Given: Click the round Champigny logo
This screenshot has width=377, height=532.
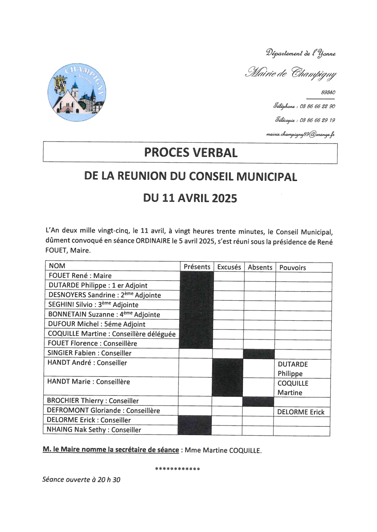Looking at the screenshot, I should pyautogui.click(x=77, y=92).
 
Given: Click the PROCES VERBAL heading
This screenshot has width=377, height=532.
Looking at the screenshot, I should pyautogui.click(x=191, y=153).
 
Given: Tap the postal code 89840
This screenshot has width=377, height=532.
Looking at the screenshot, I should pyautogui.click(x=328, y=92).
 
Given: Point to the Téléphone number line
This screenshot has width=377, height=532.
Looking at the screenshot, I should pyautogui.click(x=304, y=106).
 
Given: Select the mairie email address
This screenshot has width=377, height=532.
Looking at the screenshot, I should pyautogui.click(x=300, y=134).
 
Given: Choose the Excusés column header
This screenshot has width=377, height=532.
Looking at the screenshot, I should pyautogui.click(x=229, y=267).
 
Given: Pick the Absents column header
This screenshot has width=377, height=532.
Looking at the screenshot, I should pyautogui.click(x=260, y=267).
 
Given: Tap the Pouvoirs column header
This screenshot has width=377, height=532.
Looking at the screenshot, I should pyautogui.click(x=293, y=268).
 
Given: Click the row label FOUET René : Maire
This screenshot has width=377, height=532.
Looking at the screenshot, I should pyautogui.click(x=80, y=275).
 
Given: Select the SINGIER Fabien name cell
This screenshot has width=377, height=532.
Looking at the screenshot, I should pyautogui.click(x=89, y=353).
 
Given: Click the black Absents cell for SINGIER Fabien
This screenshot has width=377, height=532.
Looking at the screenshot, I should pyautogui.click(x=258, y=354).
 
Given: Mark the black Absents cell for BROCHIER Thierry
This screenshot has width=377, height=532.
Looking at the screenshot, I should pyautogui.click(x=258, y=401).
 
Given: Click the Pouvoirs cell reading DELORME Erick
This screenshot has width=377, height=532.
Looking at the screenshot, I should pyautogui.click(x=301, y=412).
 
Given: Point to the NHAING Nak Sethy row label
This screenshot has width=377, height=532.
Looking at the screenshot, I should pyautogui.click(x=94, y=430).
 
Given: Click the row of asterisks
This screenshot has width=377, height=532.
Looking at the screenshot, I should pyautogui.click(x=178, y=469).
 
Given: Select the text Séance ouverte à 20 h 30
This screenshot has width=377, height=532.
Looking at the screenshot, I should pyautogui.click(x=81, y=479).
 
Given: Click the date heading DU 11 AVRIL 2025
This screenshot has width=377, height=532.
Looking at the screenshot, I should pyautogui.click(x=190, y=198).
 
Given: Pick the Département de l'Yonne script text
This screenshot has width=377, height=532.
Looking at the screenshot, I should pyautogui.click(x=301, y=53).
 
